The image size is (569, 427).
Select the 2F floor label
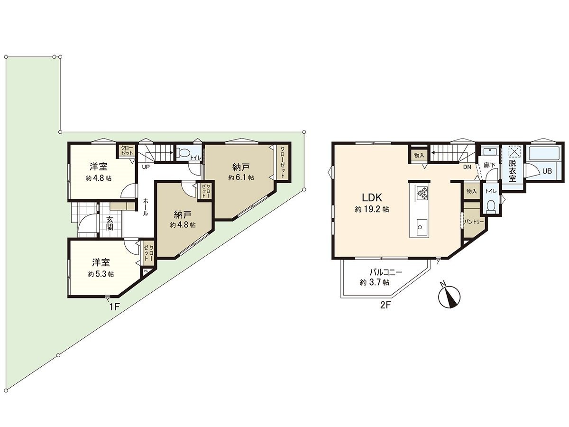[x=385, y=305]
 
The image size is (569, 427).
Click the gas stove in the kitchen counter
[x=421, y=193]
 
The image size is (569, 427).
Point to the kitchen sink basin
[x=421, y=227]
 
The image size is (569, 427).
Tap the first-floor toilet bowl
[x=182, y=153]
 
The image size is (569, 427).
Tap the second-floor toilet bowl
[x=491, y=206]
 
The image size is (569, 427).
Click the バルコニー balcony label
[x=386, y=273]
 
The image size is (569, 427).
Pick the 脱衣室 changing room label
[x=513, y=170]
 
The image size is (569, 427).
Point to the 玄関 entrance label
[x=110, y=223]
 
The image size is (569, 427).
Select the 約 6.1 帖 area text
[x=241, y=177]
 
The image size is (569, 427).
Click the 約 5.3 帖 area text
[x=101, y=274]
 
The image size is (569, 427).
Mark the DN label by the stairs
[x=467, y=167]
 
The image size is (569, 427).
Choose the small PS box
[x=146, y=271]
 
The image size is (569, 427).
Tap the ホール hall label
[x=146, y=207]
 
